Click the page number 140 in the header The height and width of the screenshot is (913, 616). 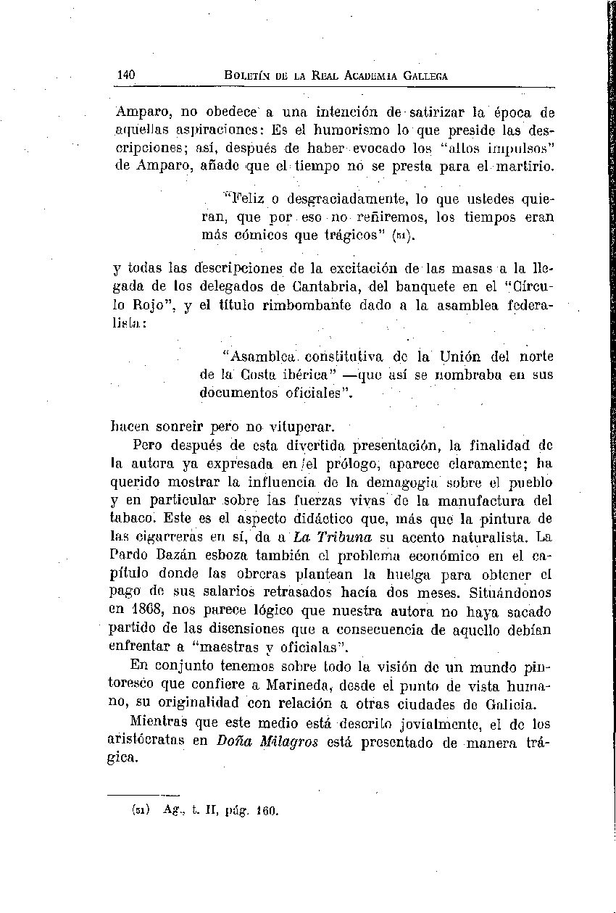click(x=126, y=75)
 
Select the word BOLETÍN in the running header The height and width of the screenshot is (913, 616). click(x=246, y=75)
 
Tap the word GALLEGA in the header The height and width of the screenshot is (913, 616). click(x=423, y=75)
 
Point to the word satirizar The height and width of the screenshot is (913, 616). click(x=438, y=112)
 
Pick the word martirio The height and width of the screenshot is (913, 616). click(x=527, y=167)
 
